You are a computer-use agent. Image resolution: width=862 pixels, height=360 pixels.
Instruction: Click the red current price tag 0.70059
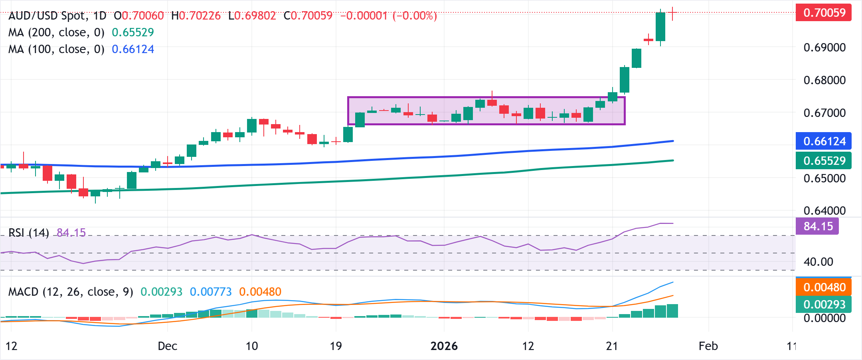click(824, 13)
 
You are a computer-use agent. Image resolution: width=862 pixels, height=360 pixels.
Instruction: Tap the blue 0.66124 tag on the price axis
click(824, 141)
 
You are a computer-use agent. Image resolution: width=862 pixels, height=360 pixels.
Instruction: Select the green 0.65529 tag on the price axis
click(824, 160)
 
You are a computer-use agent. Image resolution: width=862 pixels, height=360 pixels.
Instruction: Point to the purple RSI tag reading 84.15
click(818, 226)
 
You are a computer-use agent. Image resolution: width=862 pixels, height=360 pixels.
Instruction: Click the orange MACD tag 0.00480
click(824, 287)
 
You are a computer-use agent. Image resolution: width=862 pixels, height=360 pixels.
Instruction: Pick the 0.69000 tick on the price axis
click(824, 47)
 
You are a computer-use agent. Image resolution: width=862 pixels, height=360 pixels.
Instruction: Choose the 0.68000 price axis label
click(824, 80)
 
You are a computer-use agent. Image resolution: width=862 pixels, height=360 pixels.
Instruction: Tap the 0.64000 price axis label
click(824, 211)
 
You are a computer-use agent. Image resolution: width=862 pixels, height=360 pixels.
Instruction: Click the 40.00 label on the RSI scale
click(818, 262)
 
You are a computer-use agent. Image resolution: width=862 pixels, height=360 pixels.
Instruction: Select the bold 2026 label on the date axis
click(444, 346)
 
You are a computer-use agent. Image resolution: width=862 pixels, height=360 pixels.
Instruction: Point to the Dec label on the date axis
click(167, 346)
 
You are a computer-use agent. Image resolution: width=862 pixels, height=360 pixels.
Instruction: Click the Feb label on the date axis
click(708, 346)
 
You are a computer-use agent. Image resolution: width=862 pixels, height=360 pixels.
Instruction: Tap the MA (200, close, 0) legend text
click(56, 32)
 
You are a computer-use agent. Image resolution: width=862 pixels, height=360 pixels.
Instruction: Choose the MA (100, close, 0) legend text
click(56, 49)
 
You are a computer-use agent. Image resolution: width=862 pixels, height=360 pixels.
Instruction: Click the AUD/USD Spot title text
click(47, 16)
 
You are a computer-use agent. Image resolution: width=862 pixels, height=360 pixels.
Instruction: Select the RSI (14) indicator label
click(29, 233)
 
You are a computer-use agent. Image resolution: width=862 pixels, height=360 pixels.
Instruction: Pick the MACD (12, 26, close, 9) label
click(71, 292)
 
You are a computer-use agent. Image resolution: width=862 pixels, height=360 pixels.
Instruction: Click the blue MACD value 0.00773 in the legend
click(211, 292)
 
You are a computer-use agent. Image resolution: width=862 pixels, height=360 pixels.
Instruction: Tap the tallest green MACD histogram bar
click(672, 311)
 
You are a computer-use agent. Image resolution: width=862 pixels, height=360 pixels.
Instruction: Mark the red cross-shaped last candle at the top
click(673, 14)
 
